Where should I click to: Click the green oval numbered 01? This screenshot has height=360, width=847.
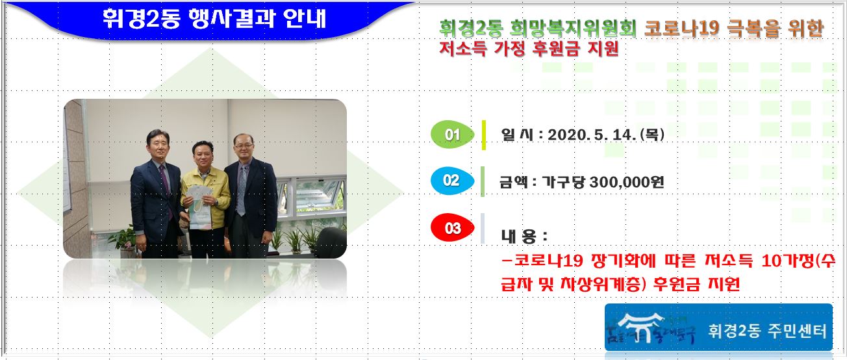tap(453, 135)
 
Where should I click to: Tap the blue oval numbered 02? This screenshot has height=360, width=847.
tap(451, 181)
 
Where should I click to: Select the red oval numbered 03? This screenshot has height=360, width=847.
tap(453, 228)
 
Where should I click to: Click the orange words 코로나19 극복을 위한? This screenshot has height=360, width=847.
tap(733, 29)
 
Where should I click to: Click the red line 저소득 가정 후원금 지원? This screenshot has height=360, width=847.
tap(529, 49)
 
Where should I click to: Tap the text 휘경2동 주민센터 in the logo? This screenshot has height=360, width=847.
tap(767, 331)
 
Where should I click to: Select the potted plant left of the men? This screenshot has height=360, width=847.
tap(121, 238)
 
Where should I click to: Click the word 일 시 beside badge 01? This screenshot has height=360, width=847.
tap(517, 135)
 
